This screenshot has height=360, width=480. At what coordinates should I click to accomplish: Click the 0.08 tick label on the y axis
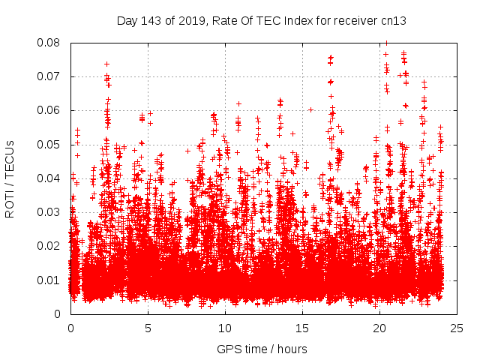(x=50, y=43)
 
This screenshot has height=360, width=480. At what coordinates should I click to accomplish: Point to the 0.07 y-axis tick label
(x=50, y=76)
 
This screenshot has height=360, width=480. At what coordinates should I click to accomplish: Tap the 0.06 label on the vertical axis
(x=50, y=110)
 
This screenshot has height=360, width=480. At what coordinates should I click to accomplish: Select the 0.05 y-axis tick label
(x=50, y=144)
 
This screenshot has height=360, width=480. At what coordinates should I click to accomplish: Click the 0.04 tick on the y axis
(x=50, y=178)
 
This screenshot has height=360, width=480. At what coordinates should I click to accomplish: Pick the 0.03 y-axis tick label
(x=50, y=212)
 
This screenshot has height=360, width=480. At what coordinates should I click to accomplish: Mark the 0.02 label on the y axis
(x=50, y=246)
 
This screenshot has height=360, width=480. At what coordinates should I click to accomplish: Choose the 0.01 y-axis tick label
(x=50, y=280)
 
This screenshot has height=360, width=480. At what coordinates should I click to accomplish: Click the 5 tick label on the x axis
(x=148, y=328)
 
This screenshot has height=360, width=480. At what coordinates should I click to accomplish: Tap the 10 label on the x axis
(x=225, y=328)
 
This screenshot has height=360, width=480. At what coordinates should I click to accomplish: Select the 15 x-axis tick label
(x=302, y=328)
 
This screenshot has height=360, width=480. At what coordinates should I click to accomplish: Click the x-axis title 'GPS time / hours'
(x=262, y=349)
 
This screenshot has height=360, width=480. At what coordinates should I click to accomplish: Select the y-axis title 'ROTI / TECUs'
(x=10, y=178)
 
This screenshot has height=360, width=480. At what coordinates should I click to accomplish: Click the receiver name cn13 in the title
(x=393, y=20)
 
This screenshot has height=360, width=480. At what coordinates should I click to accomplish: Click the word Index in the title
(x=299, y=20)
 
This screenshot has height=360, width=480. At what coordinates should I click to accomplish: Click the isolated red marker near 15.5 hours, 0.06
(x=310, y=109)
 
